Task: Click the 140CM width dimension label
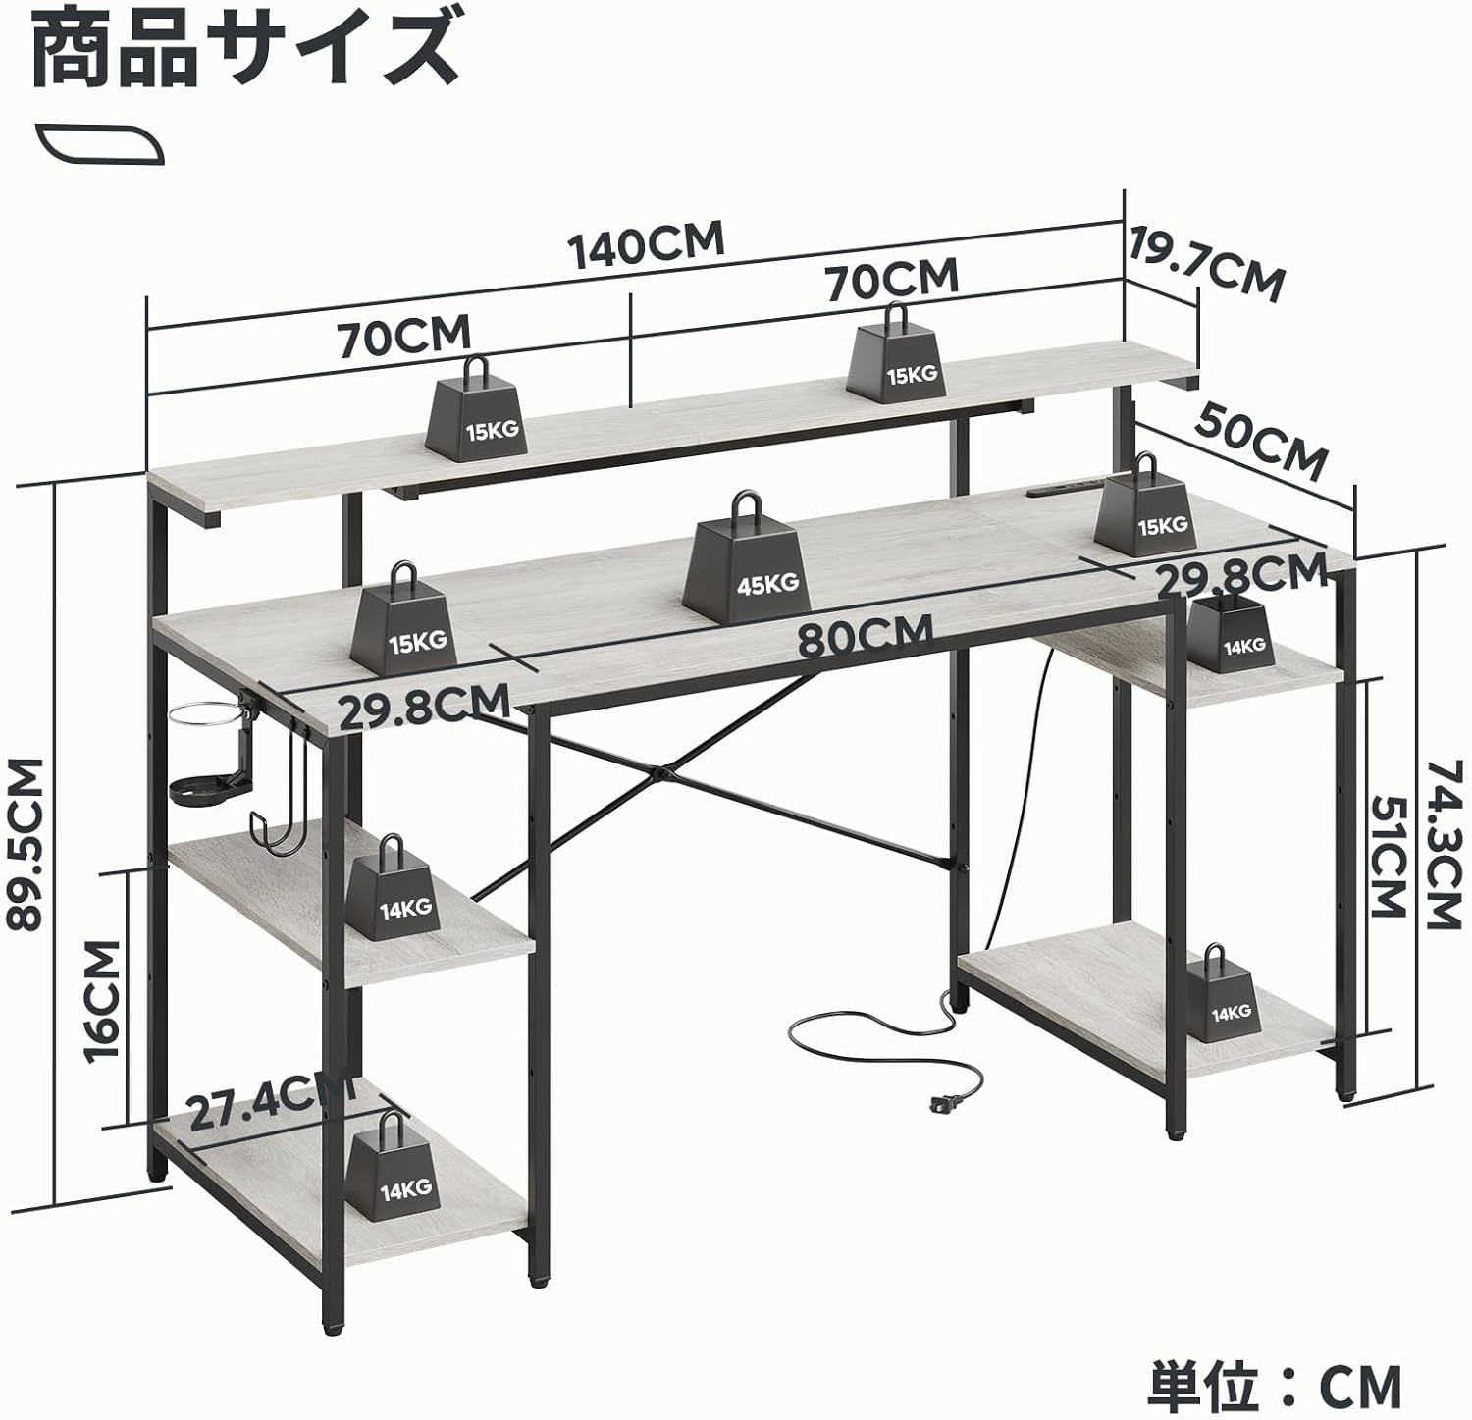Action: pyautogui.click(x=649, y=245)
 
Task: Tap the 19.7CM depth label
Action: pyautogui.click(x=1206, y=264)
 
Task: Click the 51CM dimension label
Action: pyautogui.click(x=1387, y=856)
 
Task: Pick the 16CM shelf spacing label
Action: pyautogui.click(x=102, y=1000)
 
